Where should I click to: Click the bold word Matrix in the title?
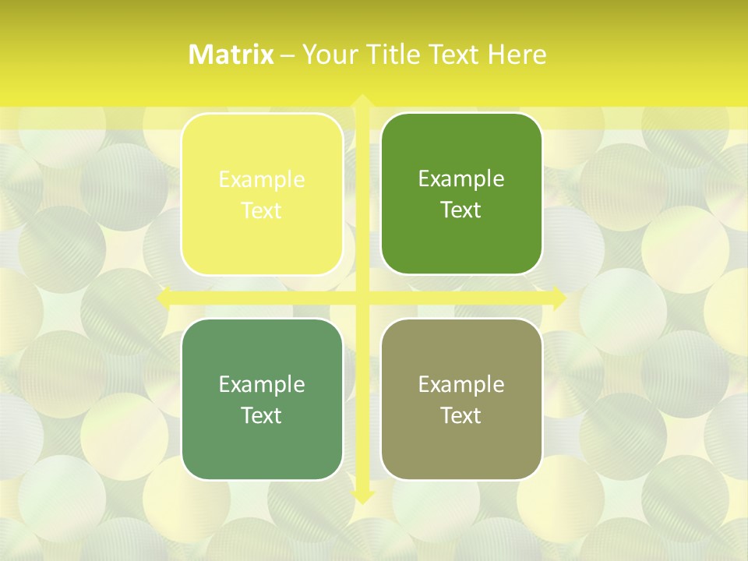[x=231, y=55]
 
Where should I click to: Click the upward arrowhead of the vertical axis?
[x=362, y=101]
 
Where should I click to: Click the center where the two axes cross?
[x=362, y=298]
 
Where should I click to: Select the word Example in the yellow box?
[x=262, y=180]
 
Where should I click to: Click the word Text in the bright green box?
[x=461, y=210]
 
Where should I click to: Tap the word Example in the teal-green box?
[x=262, y=385]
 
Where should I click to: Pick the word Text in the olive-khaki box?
[x=461, y=415]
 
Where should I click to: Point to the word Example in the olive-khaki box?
[x=461, y=385]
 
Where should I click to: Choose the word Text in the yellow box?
[x=262, y=211]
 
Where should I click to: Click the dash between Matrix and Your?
[x=288, y=55]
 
